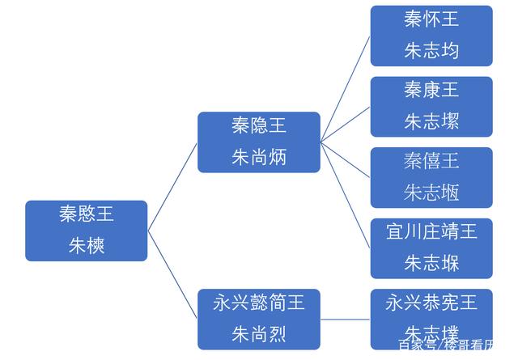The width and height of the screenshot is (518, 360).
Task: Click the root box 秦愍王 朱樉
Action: tap(86, 231)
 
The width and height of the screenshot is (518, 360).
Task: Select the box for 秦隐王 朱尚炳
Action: tap(258, 142)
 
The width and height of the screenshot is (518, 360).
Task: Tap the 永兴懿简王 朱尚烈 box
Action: tap(258, 319)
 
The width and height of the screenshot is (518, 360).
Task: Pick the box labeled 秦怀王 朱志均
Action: tap(431, 36)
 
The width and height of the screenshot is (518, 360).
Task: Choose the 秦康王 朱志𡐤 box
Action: tap(431, 106)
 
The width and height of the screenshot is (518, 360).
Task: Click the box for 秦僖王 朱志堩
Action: tap(431, 176)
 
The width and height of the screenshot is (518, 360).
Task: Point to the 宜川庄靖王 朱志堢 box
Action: tap(431, 248)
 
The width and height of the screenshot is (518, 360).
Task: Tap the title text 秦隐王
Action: tap(258, 126)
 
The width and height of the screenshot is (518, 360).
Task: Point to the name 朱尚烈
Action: tap(258, 333)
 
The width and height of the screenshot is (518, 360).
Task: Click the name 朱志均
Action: tap(431, 51)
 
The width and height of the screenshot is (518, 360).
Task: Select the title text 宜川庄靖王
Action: tap(431, 232)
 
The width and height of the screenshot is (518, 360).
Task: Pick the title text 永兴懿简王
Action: tap(258, 303)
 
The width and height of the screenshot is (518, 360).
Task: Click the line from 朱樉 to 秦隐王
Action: tap(172, 187)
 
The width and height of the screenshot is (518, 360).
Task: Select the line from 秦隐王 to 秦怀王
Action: tap(346, 89)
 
